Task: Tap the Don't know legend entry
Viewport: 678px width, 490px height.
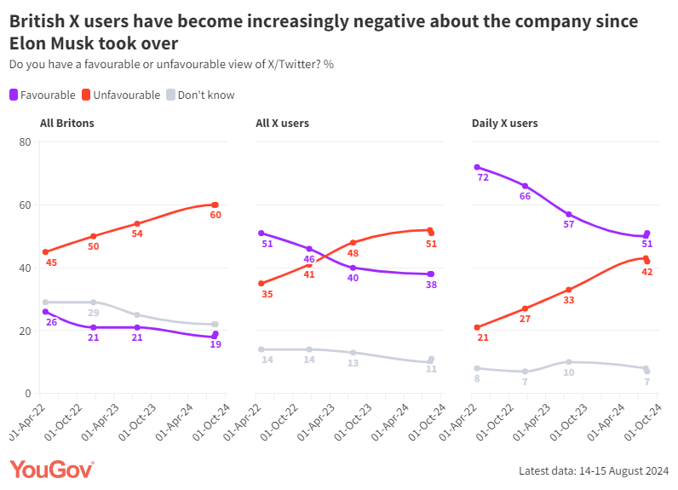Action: tap(200, 95)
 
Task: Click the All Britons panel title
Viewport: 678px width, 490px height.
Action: tap(66, 124)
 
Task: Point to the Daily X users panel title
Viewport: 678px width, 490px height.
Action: tap(504, 124)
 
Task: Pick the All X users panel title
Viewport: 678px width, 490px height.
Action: tap(282, 124)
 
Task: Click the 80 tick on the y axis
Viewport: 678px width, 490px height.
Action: tap(24, 141)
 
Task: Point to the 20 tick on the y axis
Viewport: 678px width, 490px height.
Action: tap(24, 331)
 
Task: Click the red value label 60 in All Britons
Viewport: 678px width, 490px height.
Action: tap(215, 216)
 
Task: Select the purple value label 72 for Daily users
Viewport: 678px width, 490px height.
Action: tap(483, 179)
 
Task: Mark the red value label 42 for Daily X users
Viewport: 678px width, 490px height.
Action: tap(647, 272)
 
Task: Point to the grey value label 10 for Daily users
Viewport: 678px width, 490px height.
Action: tap(569, 373)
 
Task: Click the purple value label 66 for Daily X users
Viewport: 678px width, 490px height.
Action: tap(526, 197)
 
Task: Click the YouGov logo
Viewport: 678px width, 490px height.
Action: tap(51, 470)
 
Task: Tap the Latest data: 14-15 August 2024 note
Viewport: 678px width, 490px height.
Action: tap(594, 471)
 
